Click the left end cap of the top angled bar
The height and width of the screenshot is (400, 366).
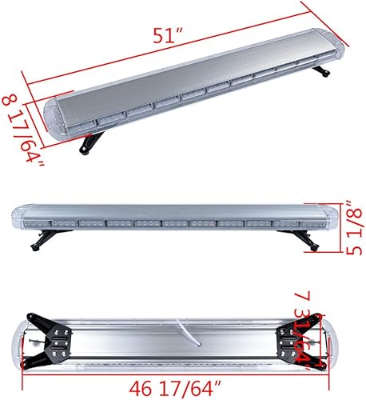[54, 119]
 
